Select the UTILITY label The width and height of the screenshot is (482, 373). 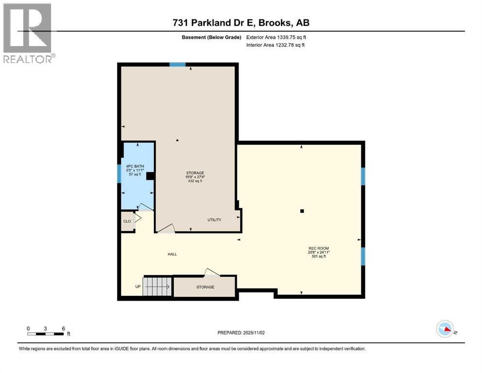click(x=214, y=220)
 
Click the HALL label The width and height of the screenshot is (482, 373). click(x=172, y=254)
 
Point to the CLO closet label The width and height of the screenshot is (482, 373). click(x=127, y=221)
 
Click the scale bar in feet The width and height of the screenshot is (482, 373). click(x=45, y=333)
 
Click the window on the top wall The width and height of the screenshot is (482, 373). click(x=177, y=64)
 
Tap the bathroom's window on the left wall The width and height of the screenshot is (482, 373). click(x=119, y=173)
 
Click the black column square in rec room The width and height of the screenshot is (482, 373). click(x=302, y=211)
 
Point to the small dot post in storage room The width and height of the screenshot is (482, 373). click(x=177, y=141)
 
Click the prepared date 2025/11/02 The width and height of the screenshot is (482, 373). click(x=241, y=333)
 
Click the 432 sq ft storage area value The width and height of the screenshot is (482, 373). click(x=195, y=181)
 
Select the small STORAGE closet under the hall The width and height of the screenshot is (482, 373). click(x=205, y=287)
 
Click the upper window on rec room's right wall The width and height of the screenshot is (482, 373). click(x=363, y=176)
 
